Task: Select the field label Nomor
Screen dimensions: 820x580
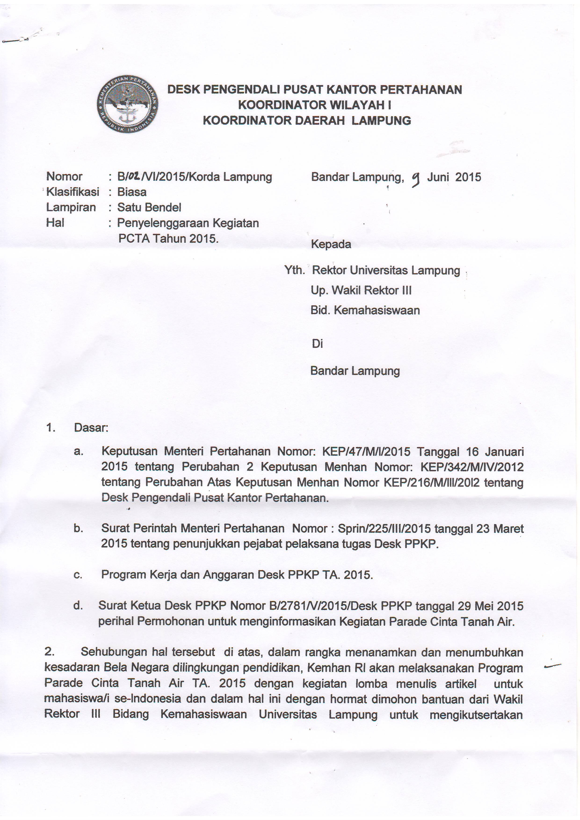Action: point(64,177)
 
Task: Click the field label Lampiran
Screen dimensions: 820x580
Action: point(71,207)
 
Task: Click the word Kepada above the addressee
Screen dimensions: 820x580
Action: point(331,244)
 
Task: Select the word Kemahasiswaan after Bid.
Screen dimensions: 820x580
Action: point(377,310)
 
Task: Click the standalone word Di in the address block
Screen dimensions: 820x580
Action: point(317,343)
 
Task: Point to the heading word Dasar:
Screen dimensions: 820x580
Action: point(91,428)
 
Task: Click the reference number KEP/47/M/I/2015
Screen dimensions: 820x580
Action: point(366,452)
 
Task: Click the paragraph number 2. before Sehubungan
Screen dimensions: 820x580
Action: point(49,652)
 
